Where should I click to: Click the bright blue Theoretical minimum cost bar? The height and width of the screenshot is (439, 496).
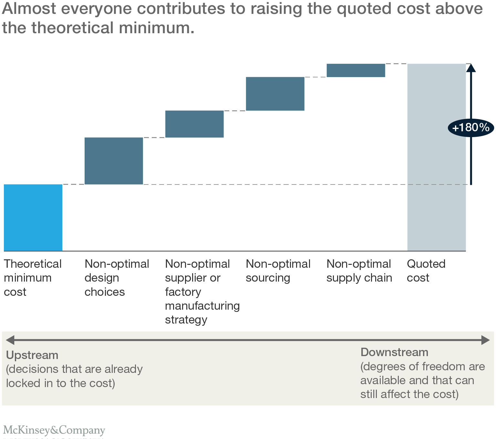(33, 217)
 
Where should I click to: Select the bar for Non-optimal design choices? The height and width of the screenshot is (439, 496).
(114, 161)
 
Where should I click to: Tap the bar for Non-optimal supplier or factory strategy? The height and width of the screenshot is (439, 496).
(194, 124)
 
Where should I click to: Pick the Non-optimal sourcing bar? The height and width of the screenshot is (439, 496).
(275, 94)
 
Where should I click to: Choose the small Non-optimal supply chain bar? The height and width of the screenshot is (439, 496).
(356, 70)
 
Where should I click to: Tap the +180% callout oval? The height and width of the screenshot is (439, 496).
(471, 128)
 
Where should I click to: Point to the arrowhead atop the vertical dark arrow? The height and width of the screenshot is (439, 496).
(471, 67)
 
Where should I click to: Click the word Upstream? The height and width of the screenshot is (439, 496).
(32, 355)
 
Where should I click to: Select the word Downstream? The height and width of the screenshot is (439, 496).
(394, 352)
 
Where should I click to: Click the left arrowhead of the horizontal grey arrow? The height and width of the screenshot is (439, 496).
(10, 340)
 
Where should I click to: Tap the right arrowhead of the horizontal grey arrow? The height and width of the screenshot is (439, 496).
(486, 340)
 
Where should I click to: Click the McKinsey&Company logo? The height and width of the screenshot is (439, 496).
(54, 430)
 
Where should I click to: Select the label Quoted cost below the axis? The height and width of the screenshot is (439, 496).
(426, 271)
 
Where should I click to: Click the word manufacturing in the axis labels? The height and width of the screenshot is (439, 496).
(202, 306)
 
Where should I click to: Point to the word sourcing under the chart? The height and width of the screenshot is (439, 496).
(268, 278)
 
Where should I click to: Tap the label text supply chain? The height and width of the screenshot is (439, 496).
(359, 278)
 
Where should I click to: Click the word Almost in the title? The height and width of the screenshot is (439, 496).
(29, 9)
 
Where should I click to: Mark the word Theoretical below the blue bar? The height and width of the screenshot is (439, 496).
(33, 264)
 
